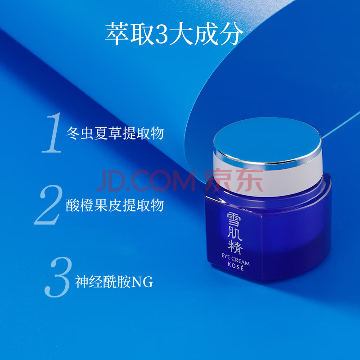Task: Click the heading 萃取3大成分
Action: click(x=174, y=34)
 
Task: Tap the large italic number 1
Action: click(x=52, y=133)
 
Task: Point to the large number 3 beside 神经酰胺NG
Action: click(x=58, y=277)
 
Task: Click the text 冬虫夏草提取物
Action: click(x=115, y=133)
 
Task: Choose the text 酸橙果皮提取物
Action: click(x=115, y=205)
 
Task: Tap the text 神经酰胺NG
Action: click(x=114, y=282)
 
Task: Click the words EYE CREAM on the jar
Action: click(x=235, y=260)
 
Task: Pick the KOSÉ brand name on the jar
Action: click(x=236, y=267)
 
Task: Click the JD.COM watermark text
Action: click(x=146, y=181)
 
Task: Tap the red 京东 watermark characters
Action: click(x=234, y=180)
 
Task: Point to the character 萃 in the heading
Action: click(x=117, y=34)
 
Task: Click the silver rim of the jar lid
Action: click(x=268, y=161)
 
